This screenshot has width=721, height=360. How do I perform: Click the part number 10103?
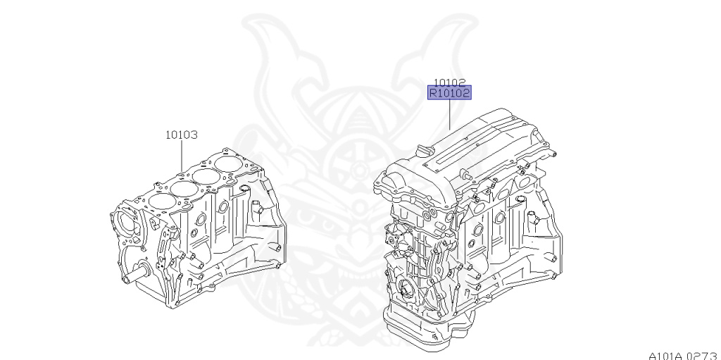coord(181,134)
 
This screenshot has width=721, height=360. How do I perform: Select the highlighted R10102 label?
coord(449,92)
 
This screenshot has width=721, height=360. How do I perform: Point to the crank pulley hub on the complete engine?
coord(407,290)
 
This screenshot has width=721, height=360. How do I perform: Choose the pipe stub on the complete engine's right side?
coord(534,221)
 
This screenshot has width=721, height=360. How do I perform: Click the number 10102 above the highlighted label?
coord(449,81)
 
